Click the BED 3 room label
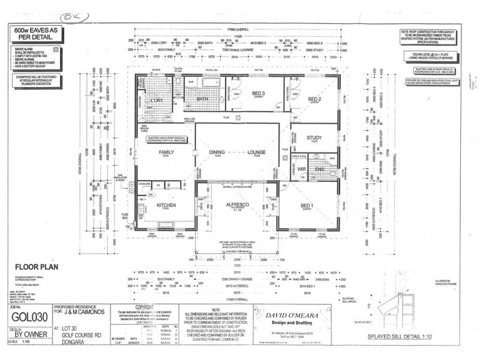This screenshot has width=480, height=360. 259,94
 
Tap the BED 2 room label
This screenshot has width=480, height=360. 315,98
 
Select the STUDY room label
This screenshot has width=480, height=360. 314,137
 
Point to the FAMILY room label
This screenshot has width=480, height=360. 166,152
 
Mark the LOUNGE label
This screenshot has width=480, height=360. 257,152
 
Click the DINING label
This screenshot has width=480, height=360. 217,152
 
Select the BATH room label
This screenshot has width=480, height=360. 202,99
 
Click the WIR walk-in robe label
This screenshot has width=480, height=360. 302,169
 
